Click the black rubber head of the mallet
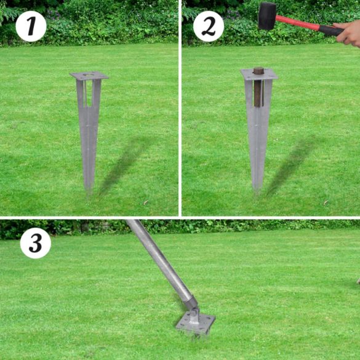[x=267, y=15]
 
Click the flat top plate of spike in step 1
[x=89, y=76]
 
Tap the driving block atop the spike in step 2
[x=258, y=71]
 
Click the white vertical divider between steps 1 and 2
[x=180, y=108]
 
